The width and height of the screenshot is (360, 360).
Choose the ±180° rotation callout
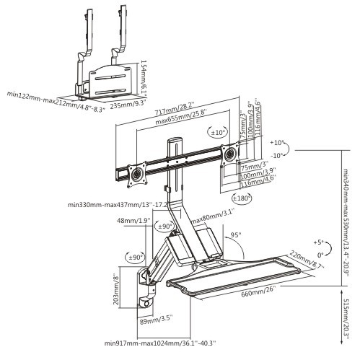242,198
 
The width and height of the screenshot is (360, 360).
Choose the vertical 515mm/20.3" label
347,314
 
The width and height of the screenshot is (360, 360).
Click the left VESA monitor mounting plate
131,174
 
